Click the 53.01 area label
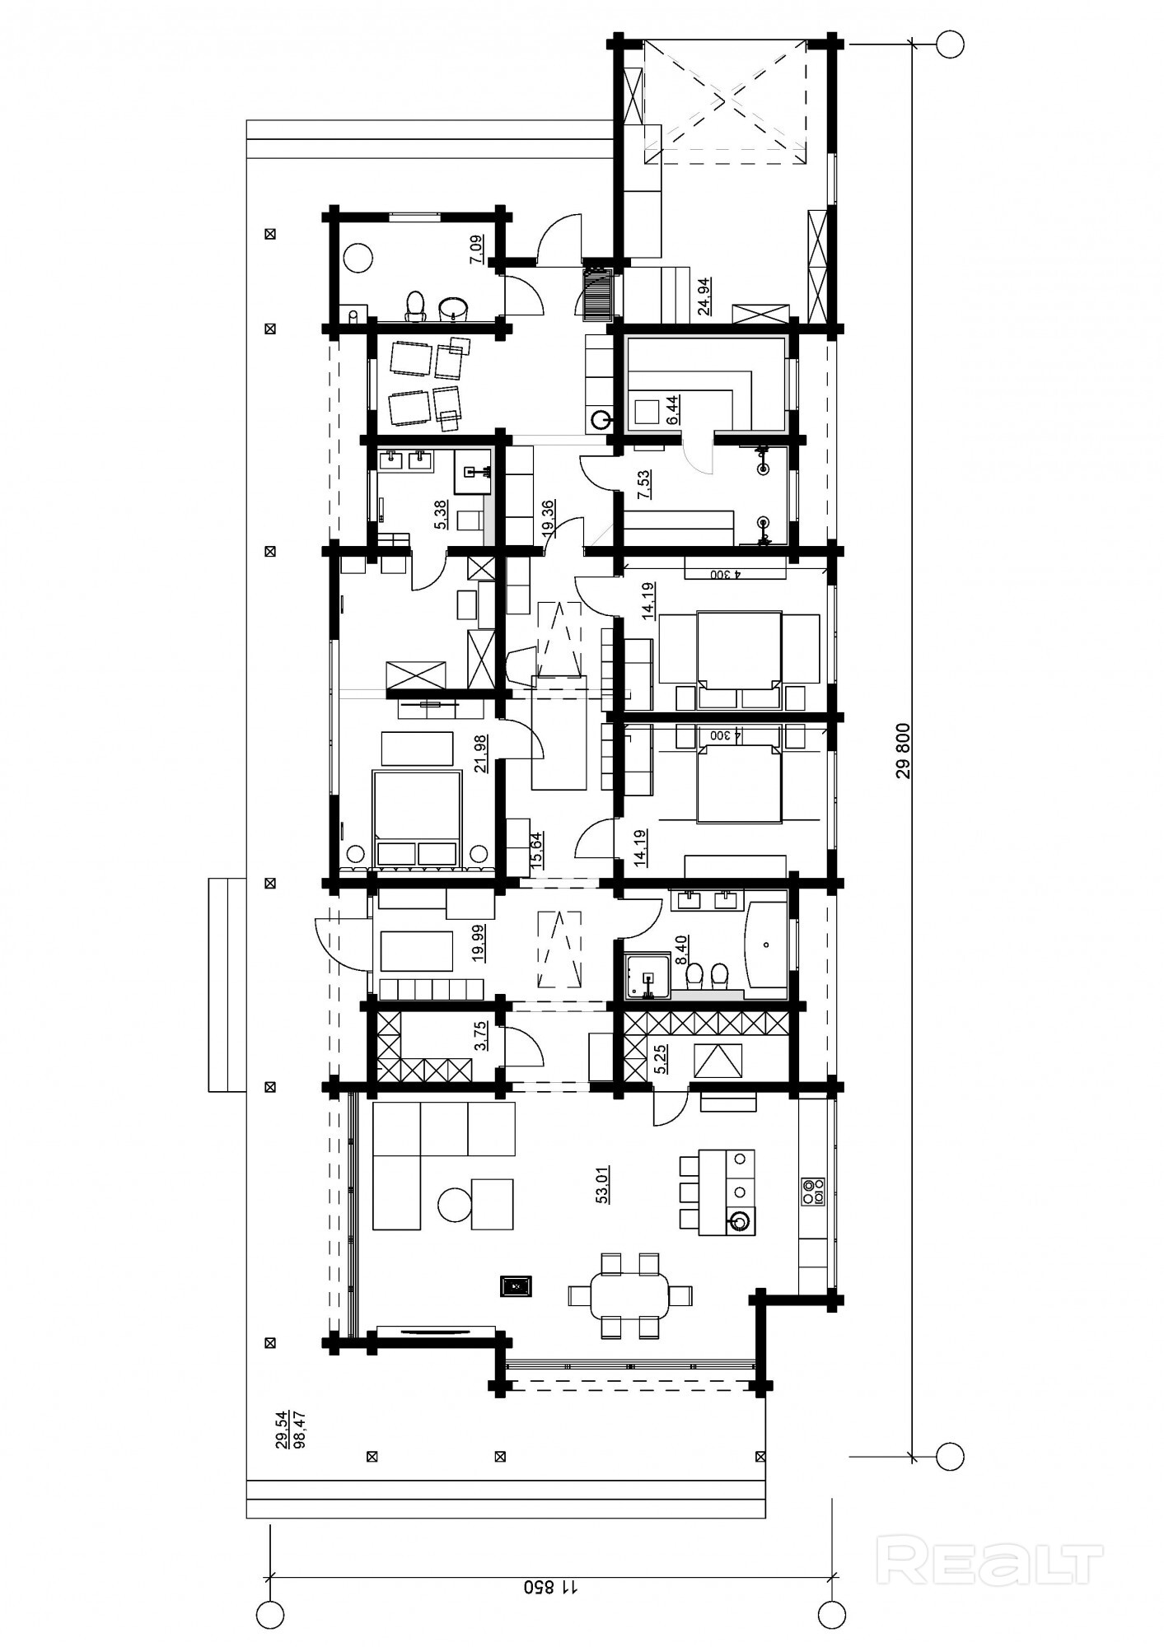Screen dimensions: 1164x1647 [602, 1186]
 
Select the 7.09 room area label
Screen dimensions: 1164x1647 [477, 249]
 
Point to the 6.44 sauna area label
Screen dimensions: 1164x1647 [672, 409]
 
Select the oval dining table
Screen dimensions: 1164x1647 [631, 1295]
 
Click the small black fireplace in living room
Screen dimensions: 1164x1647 [516, 1286]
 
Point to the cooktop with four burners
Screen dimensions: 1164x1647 [813, 1192]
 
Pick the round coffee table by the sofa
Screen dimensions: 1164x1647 [455, 1206]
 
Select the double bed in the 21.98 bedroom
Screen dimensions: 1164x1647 [417, 819]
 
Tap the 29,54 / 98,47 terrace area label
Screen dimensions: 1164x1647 [289, 1429]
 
